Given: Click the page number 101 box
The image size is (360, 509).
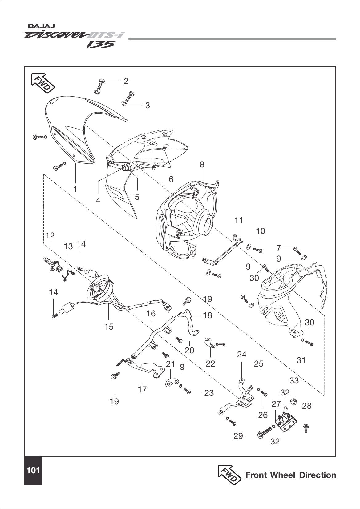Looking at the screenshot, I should tap(33, 470).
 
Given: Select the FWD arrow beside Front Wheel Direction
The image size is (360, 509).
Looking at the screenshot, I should tap(229, 475).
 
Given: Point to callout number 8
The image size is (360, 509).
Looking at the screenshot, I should tap(202, 165).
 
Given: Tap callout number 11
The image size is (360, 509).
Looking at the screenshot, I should tap(239, 220).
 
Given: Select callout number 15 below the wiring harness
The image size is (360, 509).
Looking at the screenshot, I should tap(109, 327).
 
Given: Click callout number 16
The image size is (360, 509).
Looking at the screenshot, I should tap(151, 314).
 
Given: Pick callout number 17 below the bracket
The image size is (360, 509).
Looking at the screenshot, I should tap(142, 389).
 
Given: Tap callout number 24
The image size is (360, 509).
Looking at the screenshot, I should tap(242, 355).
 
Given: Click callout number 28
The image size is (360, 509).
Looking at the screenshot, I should tap(307, 406).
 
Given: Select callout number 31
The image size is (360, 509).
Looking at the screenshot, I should tap(301, 360).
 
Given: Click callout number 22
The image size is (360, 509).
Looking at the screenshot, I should tap(210, 363).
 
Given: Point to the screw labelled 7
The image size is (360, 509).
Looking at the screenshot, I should tap(297, 250).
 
